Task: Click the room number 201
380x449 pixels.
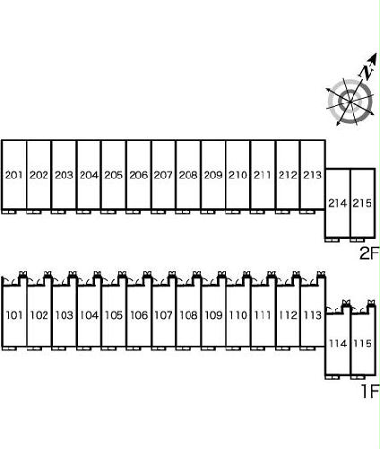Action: pyautogui.click(x=13, y=175)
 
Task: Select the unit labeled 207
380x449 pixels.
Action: pyautogui.click(x=163, y=175)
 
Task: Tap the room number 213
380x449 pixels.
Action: pyautogui.click(x=312, y=175)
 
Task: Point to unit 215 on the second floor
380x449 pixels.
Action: pyautogui.click(x=362, y=203)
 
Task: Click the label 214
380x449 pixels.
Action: pyautogui.click(x=338, y=203)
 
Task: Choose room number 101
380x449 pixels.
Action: pyautogui.click(x=14, y=315)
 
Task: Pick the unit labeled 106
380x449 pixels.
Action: pyautogui.click(x=139, y=315)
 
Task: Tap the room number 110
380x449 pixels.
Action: pyautogui.click(x=238, y=315)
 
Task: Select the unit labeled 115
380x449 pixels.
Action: pyautogui.click(x=362, y=343)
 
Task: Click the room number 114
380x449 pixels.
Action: pyautogui.click(x=338, y=343)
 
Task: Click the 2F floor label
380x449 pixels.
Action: pyautogui.click(x=369, y=253)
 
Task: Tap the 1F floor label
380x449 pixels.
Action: pyautogui.click(x=370, y=392)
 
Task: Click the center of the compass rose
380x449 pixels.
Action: pyautogui.click(x=350, y=102)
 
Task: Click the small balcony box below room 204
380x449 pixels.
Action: pyautogui.click(x=83, y=212)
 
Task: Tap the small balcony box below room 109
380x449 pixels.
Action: pyautogui.click(x=208, y=348)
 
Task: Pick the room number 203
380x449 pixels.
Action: pyautogui.click(x=64, y=175)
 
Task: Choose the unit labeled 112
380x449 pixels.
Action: pyautogui.click(x=288, y=315)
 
